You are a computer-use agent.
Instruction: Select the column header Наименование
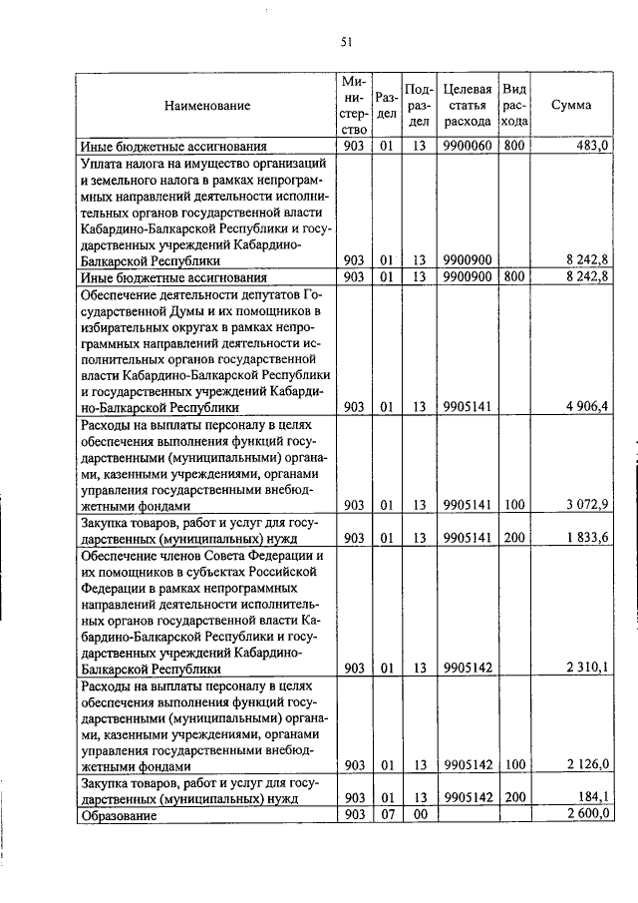click(207, 105)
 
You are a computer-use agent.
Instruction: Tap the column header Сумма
click(577, 105)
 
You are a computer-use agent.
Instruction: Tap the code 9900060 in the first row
click(467, 146)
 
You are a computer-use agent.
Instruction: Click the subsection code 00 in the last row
click(420, 815)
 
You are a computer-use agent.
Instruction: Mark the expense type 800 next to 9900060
click(514, 146)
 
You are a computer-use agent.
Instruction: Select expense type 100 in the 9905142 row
click(514, 765)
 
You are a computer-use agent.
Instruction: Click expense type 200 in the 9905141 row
click(514, 538)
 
